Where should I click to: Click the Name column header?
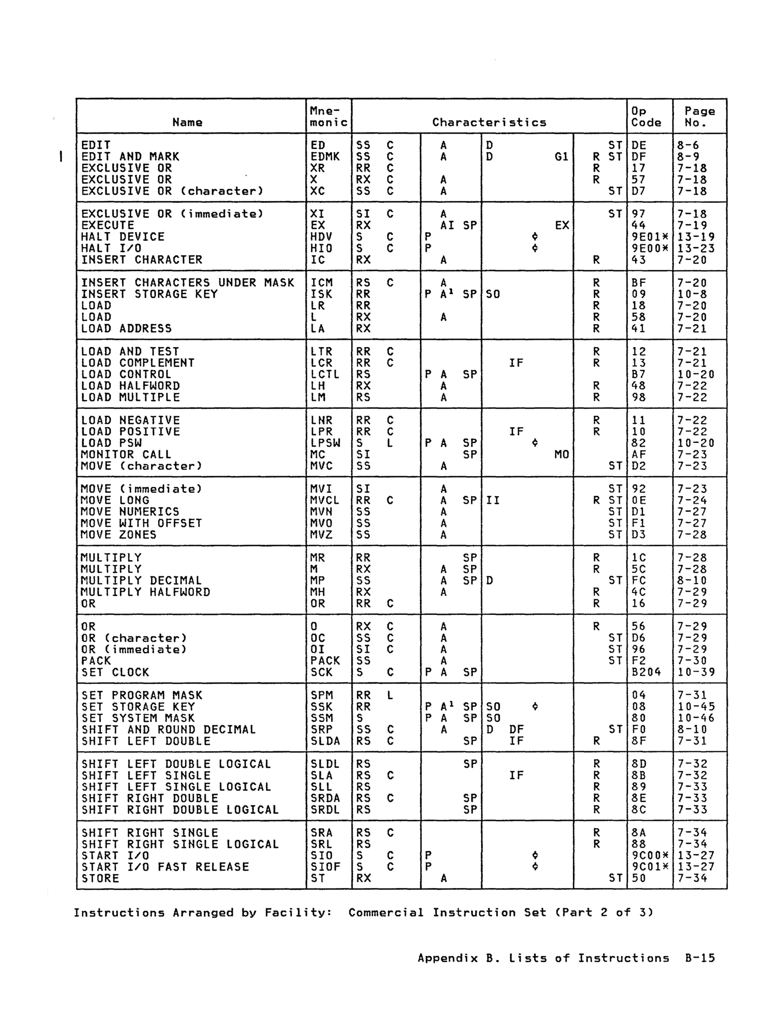[187, 122]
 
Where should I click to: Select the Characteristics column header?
[489, 122]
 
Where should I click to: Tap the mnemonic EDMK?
[324, 157]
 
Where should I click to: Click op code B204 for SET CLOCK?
[646, 672]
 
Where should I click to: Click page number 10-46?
[696, 718]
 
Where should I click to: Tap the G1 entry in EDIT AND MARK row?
[561, 157]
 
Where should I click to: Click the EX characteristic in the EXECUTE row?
[562, 225]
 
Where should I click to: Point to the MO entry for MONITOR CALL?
[561, 454]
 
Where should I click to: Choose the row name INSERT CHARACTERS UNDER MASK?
[187, 283]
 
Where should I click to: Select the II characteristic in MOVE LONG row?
[493, 500]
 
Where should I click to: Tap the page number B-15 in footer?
[700, 958]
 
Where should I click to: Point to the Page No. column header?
[700, 116]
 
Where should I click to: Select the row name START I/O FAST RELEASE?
[165, 867]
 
